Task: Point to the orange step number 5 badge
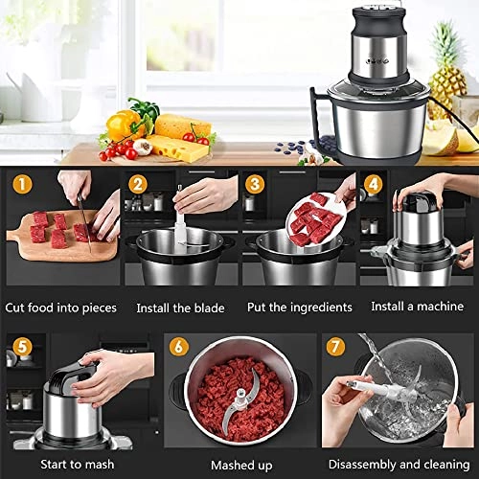click(19, 346)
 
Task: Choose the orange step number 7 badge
click(336, 346)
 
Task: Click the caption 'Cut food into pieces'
click(60, 308)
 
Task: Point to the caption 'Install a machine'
click(416, 308)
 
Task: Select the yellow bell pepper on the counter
click(124, 125)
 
